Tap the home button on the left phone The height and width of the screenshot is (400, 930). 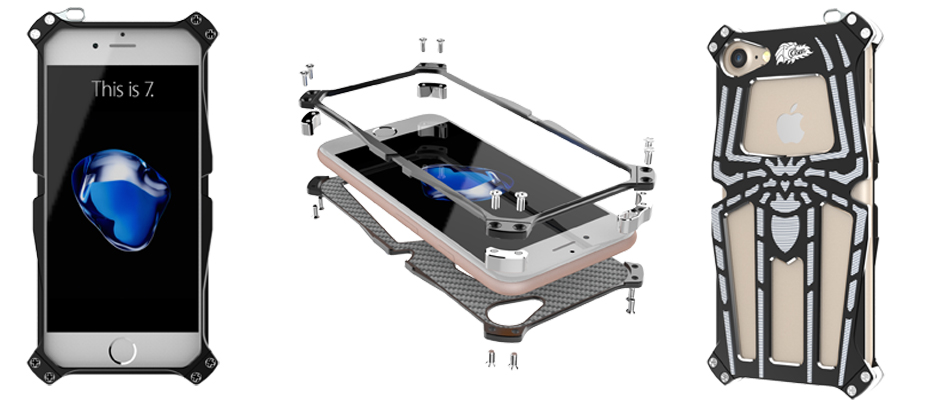point(123,351)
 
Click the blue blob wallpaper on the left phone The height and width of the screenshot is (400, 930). point(121,199)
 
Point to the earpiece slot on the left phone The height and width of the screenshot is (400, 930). point(123,46)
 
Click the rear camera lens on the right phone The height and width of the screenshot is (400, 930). point(739,58)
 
